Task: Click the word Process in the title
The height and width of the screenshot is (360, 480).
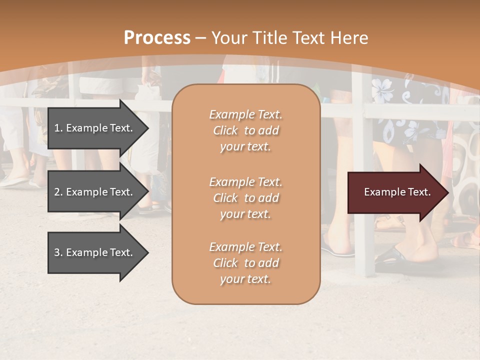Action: coord(157,38)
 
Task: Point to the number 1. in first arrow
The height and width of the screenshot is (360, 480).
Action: coord(58,128)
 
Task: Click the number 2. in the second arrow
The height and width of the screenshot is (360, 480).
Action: coord(58,192)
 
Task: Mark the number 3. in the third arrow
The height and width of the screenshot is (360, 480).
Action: coord(58,252)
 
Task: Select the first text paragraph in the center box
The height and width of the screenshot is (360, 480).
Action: coord(245,130)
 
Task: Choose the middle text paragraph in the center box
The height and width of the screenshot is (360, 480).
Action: coord(245,198)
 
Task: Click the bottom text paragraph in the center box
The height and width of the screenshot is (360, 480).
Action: coord(245,263)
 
